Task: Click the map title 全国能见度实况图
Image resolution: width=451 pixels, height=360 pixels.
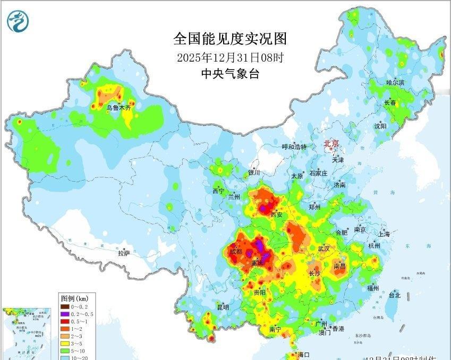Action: coord(229,39)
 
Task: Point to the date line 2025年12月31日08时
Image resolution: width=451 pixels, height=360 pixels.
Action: coord(229,57)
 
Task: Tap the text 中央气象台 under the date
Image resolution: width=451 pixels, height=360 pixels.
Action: coord(229,74)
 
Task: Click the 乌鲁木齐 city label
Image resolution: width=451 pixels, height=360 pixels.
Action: coord(118,107)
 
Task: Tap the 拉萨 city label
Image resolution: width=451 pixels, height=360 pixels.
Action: coord(124,254)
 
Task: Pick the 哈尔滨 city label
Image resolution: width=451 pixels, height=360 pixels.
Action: coord(395,83)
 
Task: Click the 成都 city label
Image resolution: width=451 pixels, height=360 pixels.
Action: coord(236,251)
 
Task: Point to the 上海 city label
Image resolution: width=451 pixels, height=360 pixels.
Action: coord(384,234)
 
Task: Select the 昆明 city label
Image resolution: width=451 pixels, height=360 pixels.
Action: coord(223,307)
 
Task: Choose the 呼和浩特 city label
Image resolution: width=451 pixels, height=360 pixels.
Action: coord(294,147)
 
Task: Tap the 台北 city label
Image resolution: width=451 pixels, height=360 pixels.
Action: coord(395,295)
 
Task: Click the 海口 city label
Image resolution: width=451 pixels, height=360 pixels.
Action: coord(304,354)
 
